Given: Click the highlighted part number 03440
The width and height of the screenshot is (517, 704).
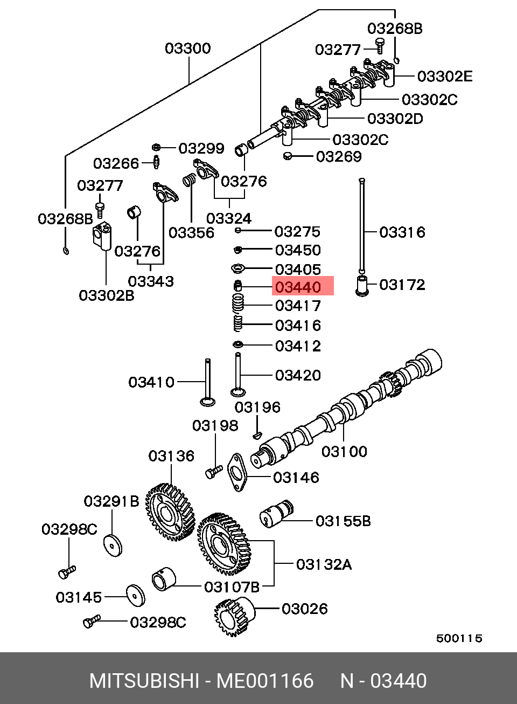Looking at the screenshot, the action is pyautogui.click(x=298, y=287).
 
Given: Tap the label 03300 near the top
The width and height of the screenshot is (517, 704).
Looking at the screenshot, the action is pyautogui.click(x=188, y=49).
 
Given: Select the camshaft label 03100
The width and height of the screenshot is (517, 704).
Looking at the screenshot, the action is pyautogui.click(x=344, y=452).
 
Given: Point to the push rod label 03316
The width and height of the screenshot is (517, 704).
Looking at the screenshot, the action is pyautogui.click(x=402, y=232).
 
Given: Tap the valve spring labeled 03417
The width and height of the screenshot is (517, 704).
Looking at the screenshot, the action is pyautogui.click(x=238, y=303).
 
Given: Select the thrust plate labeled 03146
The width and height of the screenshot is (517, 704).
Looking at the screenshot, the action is pyautogui.click(x=237, y=472).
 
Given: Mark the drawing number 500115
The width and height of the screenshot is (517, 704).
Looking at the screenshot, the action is pyautogui.click(x=459, y=638).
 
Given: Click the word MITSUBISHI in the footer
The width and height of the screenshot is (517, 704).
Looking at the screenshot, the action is pyautogui.click(x=144, y=681).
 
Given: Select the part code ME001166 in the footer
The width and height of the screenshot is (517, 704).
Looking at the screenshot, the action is pyautogui.click(x=265, y=681).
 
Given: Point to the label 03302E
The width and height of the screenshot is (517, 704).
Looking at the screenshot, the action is pyautogui.click(x=445, y=77).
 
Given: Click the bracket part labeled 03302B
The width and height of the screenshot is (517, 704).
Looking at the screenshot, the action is pyautogui.click(x=102, y=236).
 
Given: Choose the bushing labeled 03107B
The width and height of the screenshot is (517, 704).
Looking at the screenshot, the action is pyautogui.click(x=164, y=579).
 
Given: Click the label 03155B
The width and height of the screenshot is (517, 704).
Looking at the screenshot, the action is pyautogui.click(x=343, y=521).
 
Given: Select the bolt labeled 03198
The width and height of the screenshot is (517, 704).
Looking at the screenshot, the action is pyautogui.click(x=214, y=472).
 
